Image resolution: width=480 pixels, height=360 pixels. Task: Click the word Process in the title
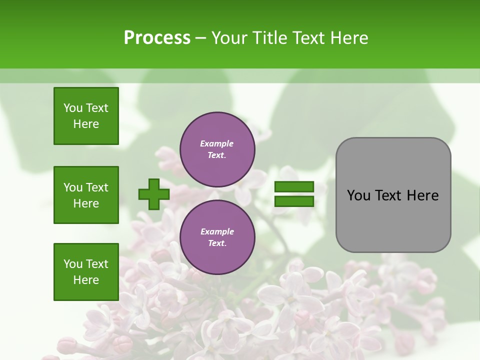pos(157,38)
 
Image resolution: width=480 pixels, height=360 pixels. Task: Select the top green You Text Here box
pos(86,116)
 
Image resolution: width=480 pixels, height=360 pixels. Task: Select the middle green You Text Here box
pos(86,195)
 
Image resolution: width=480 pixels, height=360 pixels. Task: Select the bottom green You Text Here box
pos(86,272)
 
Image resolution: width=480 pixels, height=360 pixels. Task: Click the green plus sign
pos(153,194)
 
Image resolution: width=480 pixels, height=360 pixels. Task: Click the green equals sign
pos(294,194)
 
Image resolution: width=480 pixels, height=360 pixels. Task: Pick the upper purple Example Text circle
pos(217,149)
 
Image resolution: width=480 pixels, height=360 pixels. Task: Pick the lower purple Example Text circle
pos(217,237)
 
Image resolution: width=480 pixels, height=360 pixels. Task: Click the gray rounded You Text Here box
pos(393,195)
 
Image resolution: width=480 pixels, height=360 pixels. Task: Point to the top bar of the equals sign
pos(294,187)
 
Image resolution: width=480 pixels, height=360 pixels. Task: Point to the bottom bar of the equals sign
pos(294,201)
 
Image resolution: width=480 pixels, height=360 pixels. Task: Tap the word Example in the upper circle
pos(217,144)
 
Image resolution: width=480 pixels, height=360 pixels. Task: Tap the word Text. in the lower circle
pos(217,243)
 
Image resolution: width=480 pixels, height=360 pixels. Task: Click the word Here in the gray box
pos(422,195)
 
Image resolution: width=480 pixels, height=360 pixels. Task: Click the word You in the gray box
pos(359,195)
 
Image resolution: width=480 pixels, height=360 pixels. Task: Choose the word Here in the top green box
pos(86,124)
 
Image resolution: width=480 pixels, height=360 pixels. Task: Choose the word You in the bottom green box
pos(73,264)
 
